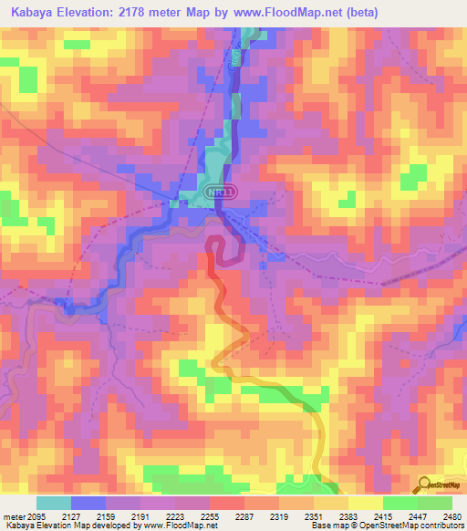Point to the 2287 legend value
point(244,515)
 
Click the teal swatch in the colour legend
point(54,503)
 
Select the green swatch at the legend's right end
point(434,503)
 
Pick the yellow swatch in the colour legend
point(365,503)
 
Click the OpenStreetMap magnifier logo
point(424,484)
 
